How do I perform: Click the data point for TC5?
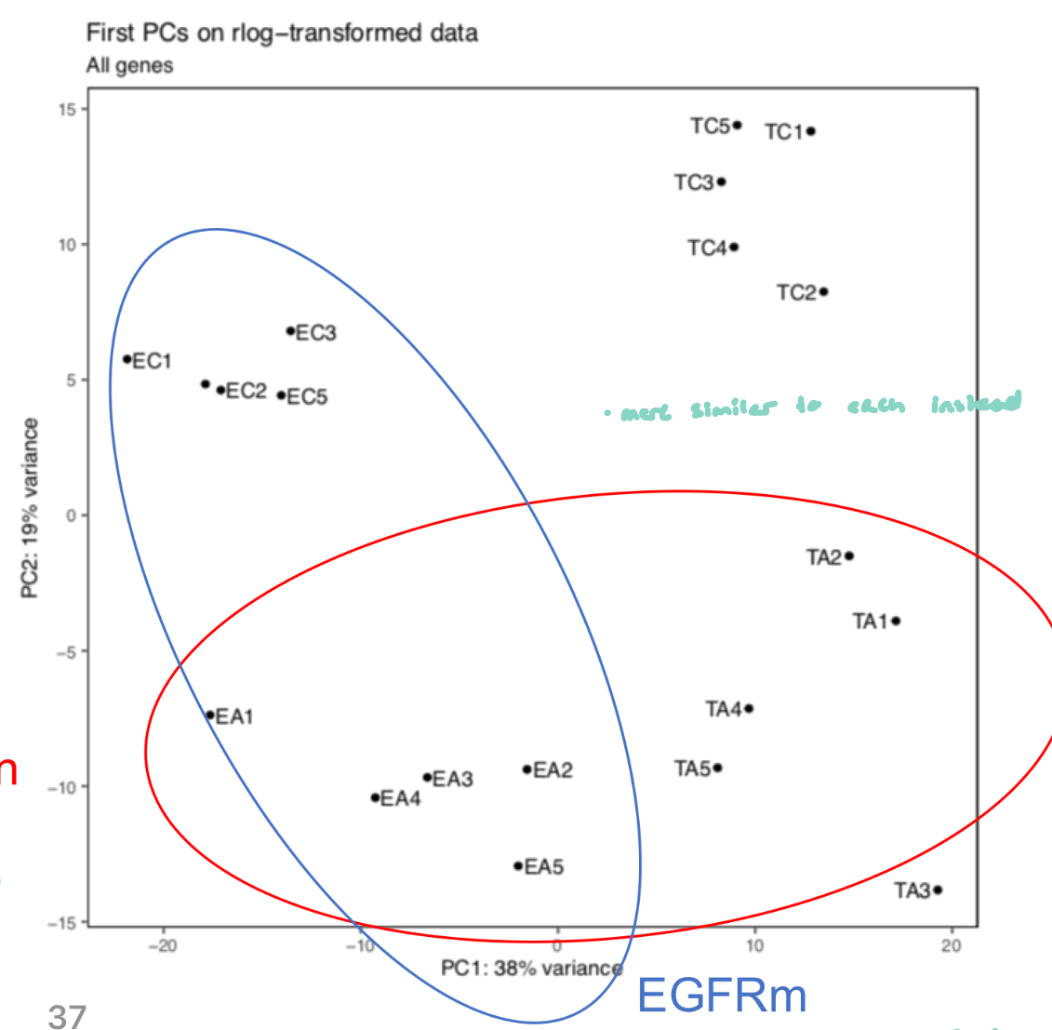click(737, 125)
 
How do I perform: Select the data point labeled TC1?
click(811, 131)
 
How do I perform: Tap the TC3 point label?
click(694, 182)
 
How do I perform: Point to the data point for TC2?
click(824, 292)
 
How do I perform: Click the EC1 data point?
click(127, 359)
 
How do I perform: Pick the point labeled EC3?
click(290, 331)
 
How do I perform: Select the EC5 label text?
click(307, 397)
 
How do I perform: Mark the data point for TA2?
click(849, 556)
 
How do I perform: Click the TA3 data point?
click(938, 890)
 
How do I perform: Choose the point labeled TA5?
click(717, 768)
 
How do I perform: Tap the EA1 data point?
click(210, 716)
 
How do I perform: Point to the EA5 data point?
click(518, 866)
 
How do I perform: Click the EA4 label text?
click(401, 798)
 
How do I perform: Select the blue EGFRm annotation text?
click(722, 997)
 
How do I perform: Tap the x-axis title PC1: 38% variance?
click(531, 969)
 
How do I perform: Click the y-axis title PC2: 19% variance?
click(31, 508)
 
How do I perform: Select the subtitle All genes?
click(129, 66)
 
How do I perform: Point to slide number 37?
click(66, 1016)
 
